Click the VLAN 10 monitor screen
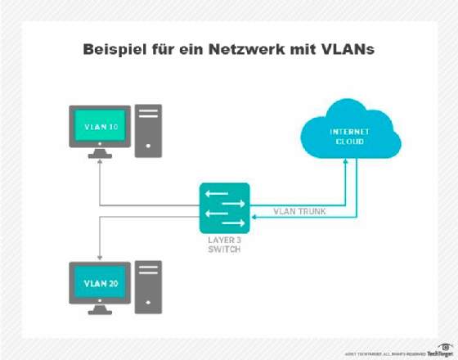pyautogui.click(x=99, y=127)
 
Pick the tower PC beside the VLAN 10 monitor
pyautogui.click(x=148, y=130)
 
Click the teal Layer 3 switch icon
pyautogui.click(x=223, y=206)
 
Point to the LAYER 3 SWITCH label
pyautogui.click(x=223, y=244)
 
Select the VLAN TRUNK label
pyautogui.click(x=300, y=212)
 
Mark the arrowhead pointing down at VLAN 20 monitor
pyautogui.click(x=99, y=252)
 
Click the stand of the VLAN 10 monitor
pyautogui.click(x=99, y=153)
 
